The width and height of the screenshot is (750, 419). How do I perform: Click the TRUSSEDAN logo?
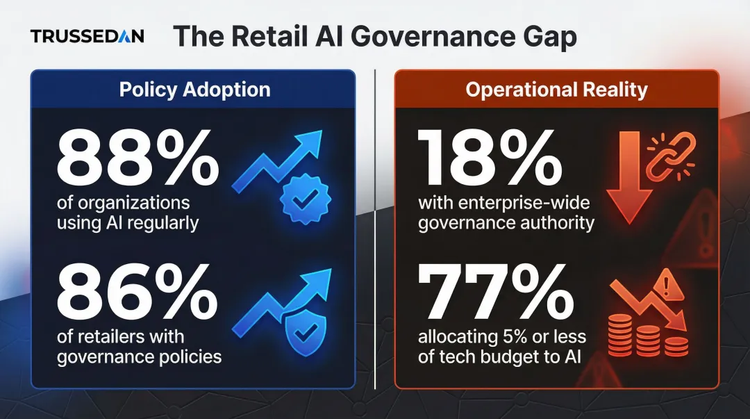87,37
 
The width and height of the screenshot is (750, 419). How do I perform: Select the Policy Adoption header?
194,90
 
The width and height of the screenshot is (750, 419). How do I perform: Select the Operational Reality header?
556,90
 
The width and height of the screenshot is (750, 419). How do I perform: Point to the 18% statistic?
490,161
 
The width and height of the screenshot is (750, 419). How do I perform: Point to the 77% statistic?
496,294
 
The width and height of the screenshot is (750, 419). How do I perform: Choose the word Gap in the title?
549,37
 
